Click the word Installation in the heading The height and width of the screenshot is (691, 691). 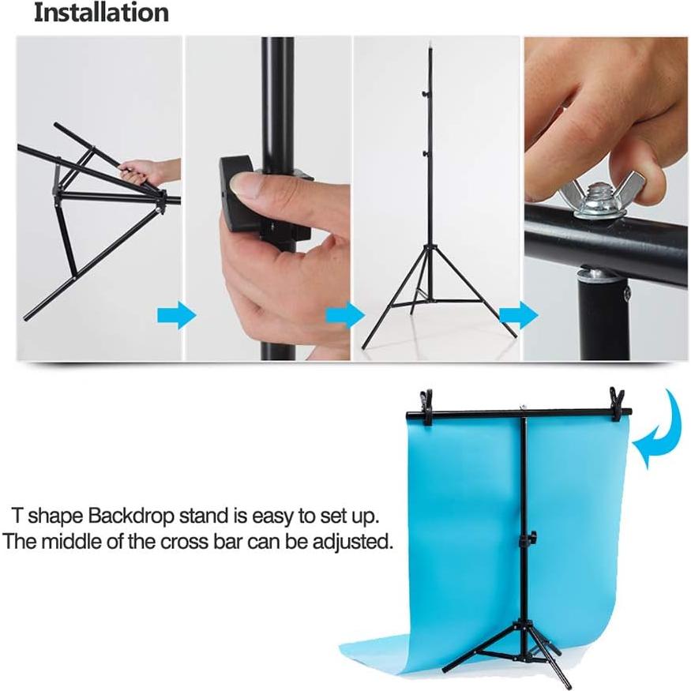tap(100, 13)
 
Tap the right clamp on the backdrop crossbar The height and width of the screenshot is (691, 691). tap(617, 401)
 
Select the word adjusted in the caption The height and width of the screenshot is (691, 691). tap(355, 543)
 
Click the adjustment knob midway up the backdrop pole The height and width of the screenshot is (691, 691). tap(524, 539)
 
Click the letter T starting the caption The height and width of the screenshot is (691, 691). tap(17, 517)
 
